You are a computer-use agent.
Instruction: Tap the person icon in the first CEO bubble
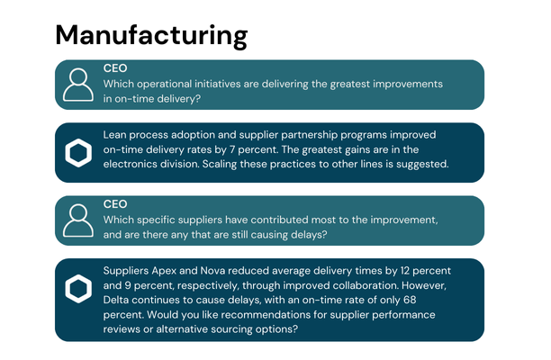click(x=78, y=85)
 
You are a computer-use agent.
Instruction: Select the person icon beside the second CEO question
click(x=78, y=220)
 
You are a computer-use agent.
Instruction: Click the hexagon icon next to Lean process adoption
click(x=78, y=153)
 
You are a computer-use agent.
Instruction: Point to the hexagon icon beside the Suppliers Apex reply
click(x=78, y=288)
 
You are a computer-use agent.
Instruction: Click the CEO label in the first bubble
click(x=115, y=67)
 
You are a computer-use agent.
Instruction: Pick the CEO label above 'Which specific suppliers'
click(x=115, y=203)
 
